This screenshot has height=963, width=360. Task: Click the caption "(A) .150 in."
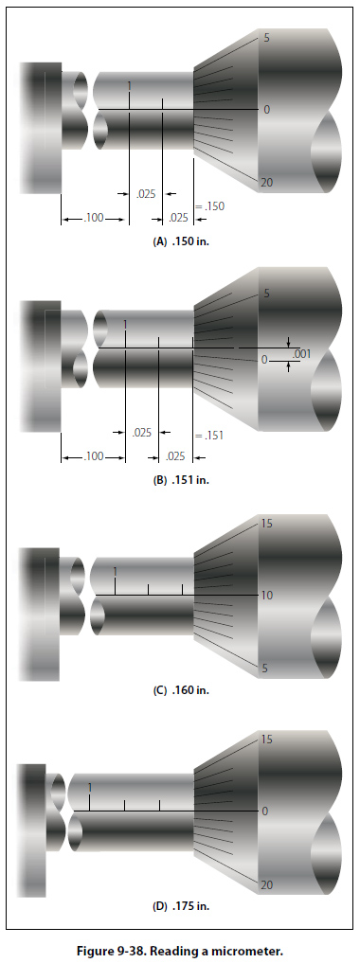pyautogui.click(x=181, y=241)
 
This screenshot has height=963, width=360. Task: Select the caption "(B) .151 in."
pyautogui.click(x=181, y=480)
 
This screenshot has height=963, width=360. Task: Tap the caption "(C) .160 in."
pyautogui.click(x=181, y=689)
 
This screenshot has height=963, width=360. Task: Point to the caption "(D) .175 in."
pyautogui.click(x=181, y=905)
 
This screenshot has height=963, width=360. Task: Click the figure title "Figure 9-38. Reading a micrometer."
pyautogui.click(x=180, y=951)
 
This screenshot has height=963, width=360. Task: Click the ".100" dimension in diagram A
pyautogui.click(x=94, y=218)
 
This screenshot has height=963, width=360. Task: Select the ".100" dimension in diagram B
pyautogui.click(x=94, y=456)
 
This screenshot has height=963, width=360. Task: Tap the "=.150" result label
pyautogui.click(x=209, y=206)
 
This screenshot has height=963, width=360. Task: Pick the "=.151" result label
pyautogui.click(x=208, y=436)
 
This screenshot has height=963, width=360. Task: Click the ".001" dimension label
pyautogui.click(x=301, y=354)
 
